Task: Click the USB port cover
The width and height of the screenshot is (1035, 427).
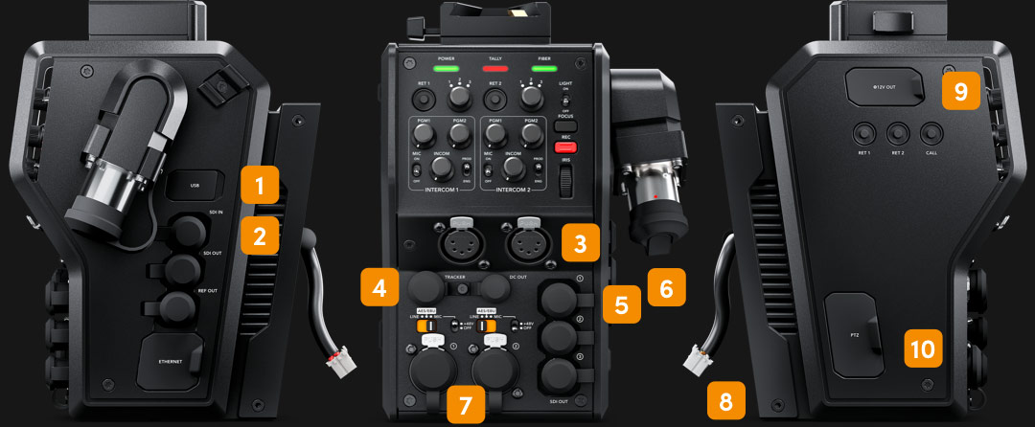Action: [x=195, y=186]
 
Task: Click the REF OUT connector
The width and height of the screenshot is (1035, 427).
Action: [x=178, y=306]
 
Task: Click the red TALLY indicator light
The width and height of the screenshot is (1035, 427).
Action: [x=494, y=69]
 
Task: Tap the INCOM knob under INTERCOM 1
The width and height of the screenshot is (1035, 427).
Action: [x=440, y=169]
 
